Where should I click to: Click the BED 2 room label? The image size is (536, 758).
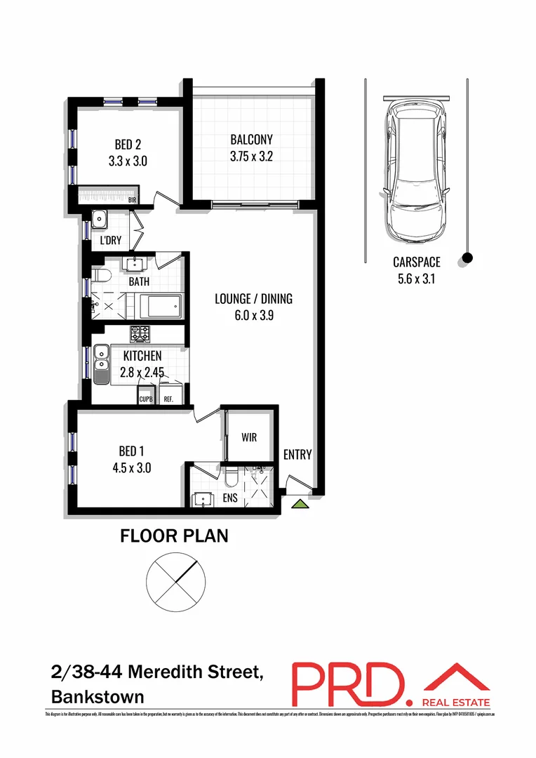(128, 145)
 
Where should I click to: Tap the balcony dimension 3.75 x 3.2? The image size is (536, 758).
(250, 156)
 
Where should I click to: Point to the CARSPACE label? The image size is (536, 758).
(416, 262)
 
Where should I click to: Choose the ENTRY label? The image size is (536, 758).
(297, 455)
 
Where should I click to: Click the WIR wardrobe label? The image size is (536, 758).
(248, 437)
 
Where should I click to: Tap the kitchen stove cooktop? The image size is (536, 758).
(139, 333)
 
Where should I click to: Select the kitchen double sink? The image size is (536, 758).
(101, 357)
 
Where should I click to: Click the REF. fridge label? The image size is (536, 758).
(168, 399)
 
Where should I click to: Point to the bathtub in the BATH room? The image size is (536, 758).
(161, 306)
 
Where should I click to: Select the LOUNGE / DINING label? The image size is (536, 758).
(253, 299)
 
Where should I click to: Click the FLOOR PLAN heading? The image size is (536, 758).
(174, 537)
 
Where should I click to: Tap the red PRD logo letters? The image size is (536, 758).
(349, 684)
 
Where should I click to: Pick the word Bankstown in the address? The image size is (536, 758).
(98, 697)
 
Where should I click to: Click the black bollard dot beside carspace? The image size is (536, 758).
(468, 258)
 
